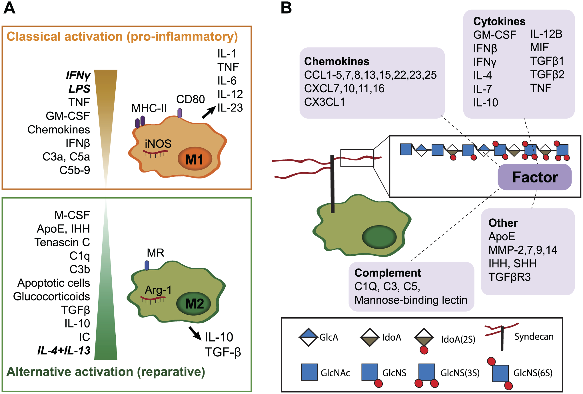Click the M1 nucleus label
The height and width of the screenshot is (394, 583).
pos(194,159)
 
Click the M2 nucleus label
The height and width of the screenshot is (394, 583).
pos(195,304)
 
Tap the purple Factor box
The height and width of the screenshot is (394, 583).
pos(535,177)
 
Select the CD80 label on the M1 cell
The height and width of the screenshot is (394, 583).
pos(191,99)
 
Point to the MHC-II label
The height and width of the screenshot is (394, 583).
pos(149,108)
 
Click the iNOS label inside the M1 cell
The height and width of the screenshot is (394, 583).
pos(158,144)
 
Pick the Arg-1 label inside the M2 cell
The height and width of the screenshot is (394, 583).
pos(158,290)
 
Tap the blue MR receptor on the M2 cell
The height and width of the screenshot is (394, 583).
pos(147,265)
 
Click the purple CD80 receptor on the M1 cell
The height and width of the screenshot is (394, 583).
pos(180,113)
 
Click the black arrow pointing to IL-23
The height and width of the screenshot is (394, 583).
pos(209,112)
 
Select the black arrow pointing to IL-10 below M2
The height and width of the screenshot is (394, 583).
pos(195,333)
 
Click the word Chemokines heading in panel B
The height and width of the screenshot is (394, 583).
pos(336,61)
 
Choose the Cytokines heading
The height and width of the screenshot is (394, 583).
pos(499,21)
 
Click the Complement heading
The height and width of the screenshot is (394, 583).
pos(388,273)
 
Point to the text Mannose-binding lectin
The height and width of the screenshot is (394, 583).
pos(411,300)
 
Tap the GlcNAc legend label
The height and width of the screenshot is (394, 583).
pos(335,373)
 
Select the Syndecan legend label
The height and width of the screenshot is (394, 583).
pos(534,337)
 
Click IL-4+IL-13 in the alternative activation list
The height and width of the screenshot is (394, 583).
pos(64,350)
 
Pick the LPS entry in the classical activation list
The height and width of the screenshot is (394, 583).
pos(79,89)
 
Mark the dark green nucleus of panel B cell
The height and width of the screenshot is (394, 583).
pos(379,237)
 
